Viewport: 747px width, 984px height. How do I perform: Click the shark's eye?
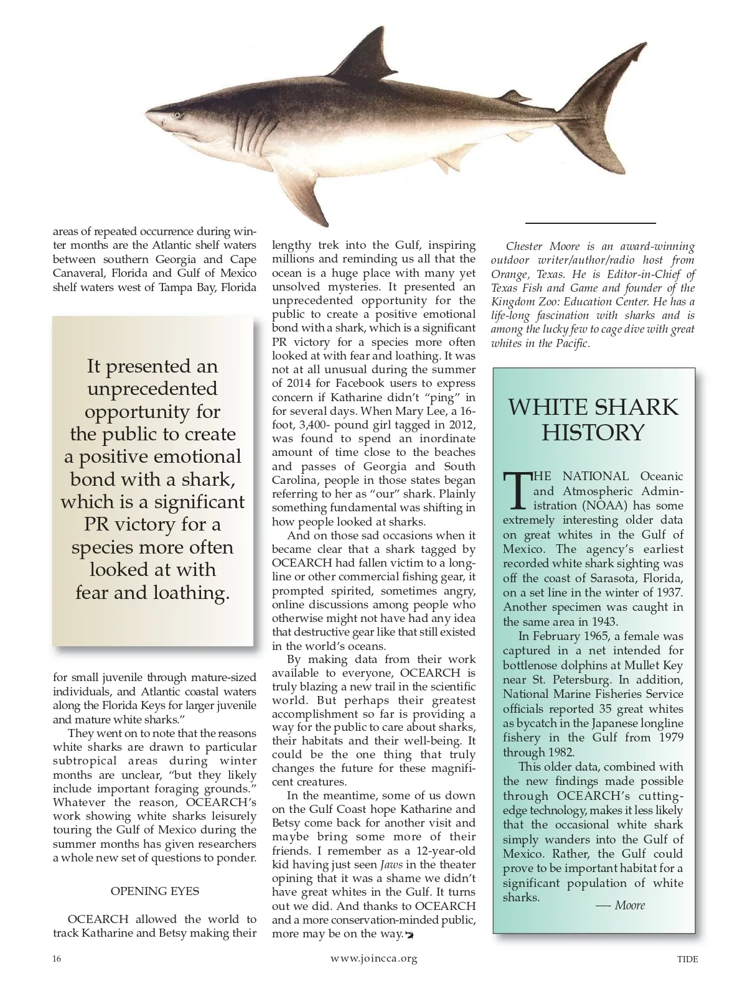point(178,115)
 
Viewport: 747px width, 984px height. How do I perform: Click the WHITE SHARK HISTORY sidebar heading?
point(593,419)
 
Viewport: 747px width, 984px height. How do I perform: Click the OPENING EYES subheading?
point(155,891)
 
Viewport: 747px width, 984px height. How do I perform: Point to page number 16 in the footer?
point(57,958)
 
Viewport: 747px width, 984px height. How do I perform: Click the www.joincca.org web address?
point(374,958)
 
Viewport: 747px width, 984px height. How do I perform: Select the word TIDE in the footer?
point(687,959)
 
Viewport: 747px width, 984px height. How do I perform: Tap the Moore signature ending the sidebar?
point(629,905)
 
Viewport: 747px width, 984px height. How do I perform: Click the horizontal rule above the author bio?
point(591,222)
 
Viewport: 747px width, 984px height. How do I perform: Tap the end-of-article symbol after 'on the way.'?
point(410,934)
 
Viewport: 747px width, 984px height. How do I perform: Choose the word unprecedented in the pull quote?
point(153,389)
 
